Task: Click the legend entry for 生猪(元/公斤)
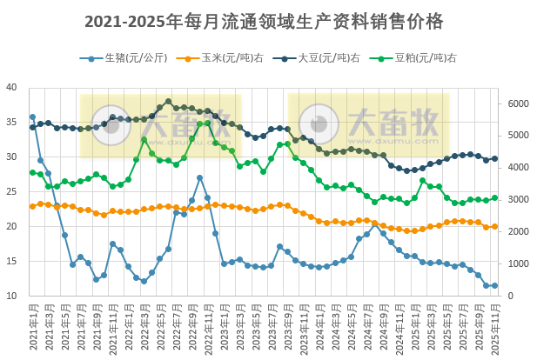coord(131,58)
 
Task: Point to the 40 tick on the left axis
coord(11,88)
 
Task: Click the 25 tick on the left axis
coord(11,192)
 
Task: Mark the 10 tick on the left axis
coord(11,297)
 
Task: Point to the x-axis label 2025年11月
coord(495,329)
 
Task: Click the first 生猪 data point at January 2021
coord(33,117)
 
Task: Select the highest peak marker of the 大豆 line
coord(169,102)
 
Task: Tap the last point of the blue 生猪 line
coord(495,285)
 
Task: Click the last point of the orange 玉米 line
coord(495,226)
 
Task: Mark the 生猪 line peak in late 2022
coord(200,177)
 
